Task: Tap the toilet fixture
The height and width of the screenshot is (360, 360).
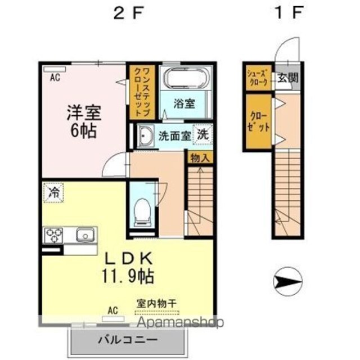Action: (143, 211)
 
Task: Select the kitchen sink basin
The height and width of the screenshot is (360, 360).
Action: (85, 235)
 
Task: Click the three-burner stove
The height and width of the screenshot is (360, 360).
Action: (54, 235)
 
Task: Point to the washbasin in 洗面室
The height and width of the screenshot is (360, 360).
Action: (145, 136)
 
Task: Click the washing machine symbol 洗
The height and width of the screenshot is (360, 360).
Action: (202, 134)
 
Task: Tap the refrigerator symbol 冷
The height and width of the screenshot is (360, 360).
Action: (54, 192)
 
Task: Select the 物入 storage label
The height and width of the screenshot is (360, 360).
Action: (200, 157)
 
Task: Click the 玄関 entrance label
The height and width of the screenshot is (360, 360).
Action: (288, 78)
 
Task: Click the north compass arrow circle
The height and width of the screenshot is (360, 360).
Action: (287, 281)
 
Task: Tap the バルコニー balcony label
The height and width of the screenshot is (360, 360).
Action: (128, 339)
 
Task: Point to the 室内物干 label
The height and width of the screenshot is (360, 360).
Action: (156, 303)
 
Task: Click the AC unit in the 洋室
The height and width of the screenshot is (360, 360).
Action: (55, 69)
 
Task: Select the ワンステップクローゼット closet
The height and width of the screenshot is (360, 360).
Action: (142, 92)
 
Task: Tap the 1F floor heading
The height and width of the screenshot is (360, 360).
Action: (289, 12)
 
